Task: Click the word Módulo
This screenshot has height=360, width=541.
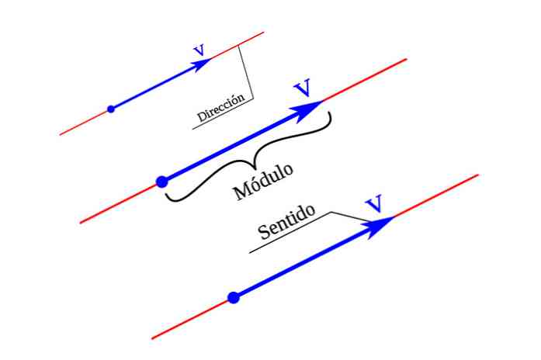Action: coord(264,182)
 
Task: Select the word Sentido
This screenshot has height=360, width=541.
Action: coord(286,222)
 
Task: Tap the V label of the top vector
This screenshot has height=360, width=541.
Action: coord(199,51)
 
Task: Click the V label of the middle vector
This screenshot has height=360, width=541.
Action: coord(303,87)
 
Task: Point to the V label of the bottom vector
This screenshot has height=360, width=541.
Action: coord(374,205)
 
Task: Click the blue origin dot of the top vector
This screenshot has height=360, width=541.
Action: coord(111,109)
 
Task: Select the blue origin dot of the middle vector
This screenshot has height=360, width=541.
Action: coord(161,182)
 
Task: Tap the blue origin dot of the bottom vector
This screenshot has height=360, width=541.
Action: coord(234,296)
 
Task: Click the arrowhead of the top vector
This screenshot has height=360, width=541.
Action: coord(203,64)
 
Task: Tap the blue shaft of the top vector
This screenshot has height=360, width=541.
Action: coord(155,86)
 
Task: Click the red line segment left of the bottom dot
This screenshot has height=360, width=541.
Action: coord(191,318)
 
